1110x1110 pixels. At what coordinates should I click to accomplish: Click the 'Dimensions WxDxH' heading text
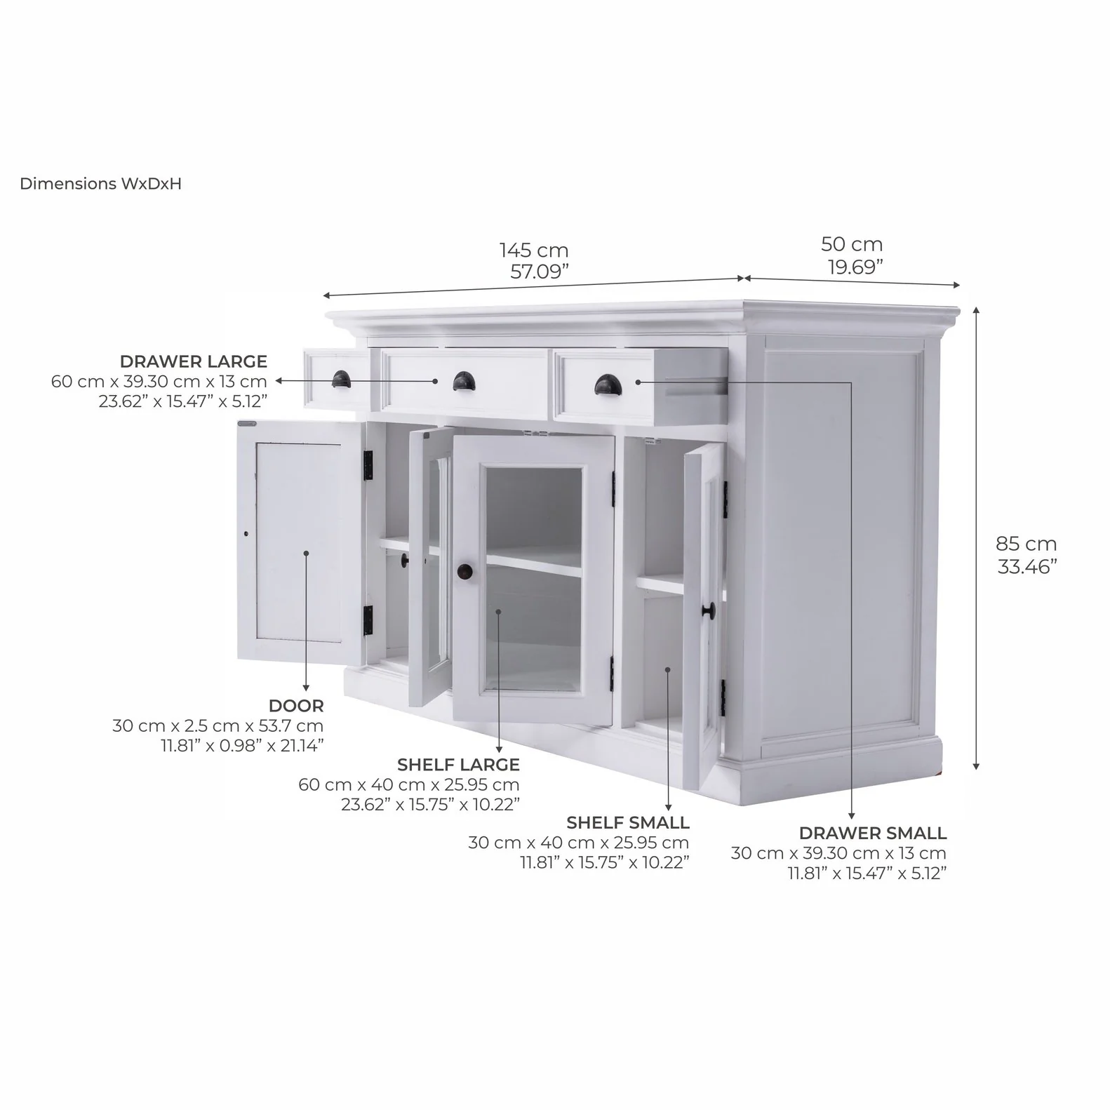pyautogui.click(x=100, y=184)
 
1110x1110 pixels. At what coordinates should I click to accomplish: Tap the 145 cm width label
pyautogui.click(x=534, y=250)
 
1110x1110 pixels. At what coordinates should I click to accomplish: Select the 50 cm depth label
pyautogui.click(x=852, y=244)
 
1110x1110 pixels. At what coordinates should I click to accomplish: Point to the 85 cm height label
pyautogui.click(x=1026, y=543)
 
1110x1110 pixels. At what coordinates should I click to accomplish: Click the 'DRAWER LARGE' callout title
pyautogui.click(x=194, y=361)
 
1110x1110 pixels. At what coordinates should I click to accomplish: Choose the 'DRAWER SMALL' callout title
pyautogui.click(x=873, y=833)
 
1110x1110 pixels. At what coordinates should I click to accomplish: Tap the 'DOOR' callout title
pyautogui.click(x=296, y=705)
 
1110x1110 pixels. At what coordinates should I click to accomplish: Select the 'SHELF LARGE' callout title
pyautogui.click(x=458, y=764)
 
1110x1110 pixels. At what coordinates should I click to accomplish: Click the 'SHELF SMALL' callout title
pyautogui.click(x=628, y=822)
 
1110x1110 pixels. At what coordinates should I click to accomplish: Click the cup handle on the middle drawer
pyautogui.click(x=464, y=382)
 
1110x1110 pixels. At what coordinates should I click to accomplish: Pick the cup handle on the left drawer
pyautogui.click(x=341, y=378)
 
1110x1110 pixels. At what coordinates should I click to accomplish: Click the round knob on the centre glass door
pyautogui.click(x=465, y=572)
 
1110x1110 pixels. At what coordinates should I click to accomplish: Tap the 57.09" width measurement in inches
pyautogui.click(x=539, y=272)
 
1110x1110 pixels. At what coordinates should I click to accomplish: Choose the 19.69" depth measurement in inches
pyautogui.click(x=854, y=267)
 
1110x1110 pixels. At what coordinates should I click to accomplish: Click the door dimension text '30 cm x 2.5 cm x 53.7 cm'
pyautogui.click(x=218, y=725)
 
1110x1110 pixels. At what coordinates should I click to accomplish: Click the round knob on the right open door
pyautogui.click(x=708, y=610)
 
